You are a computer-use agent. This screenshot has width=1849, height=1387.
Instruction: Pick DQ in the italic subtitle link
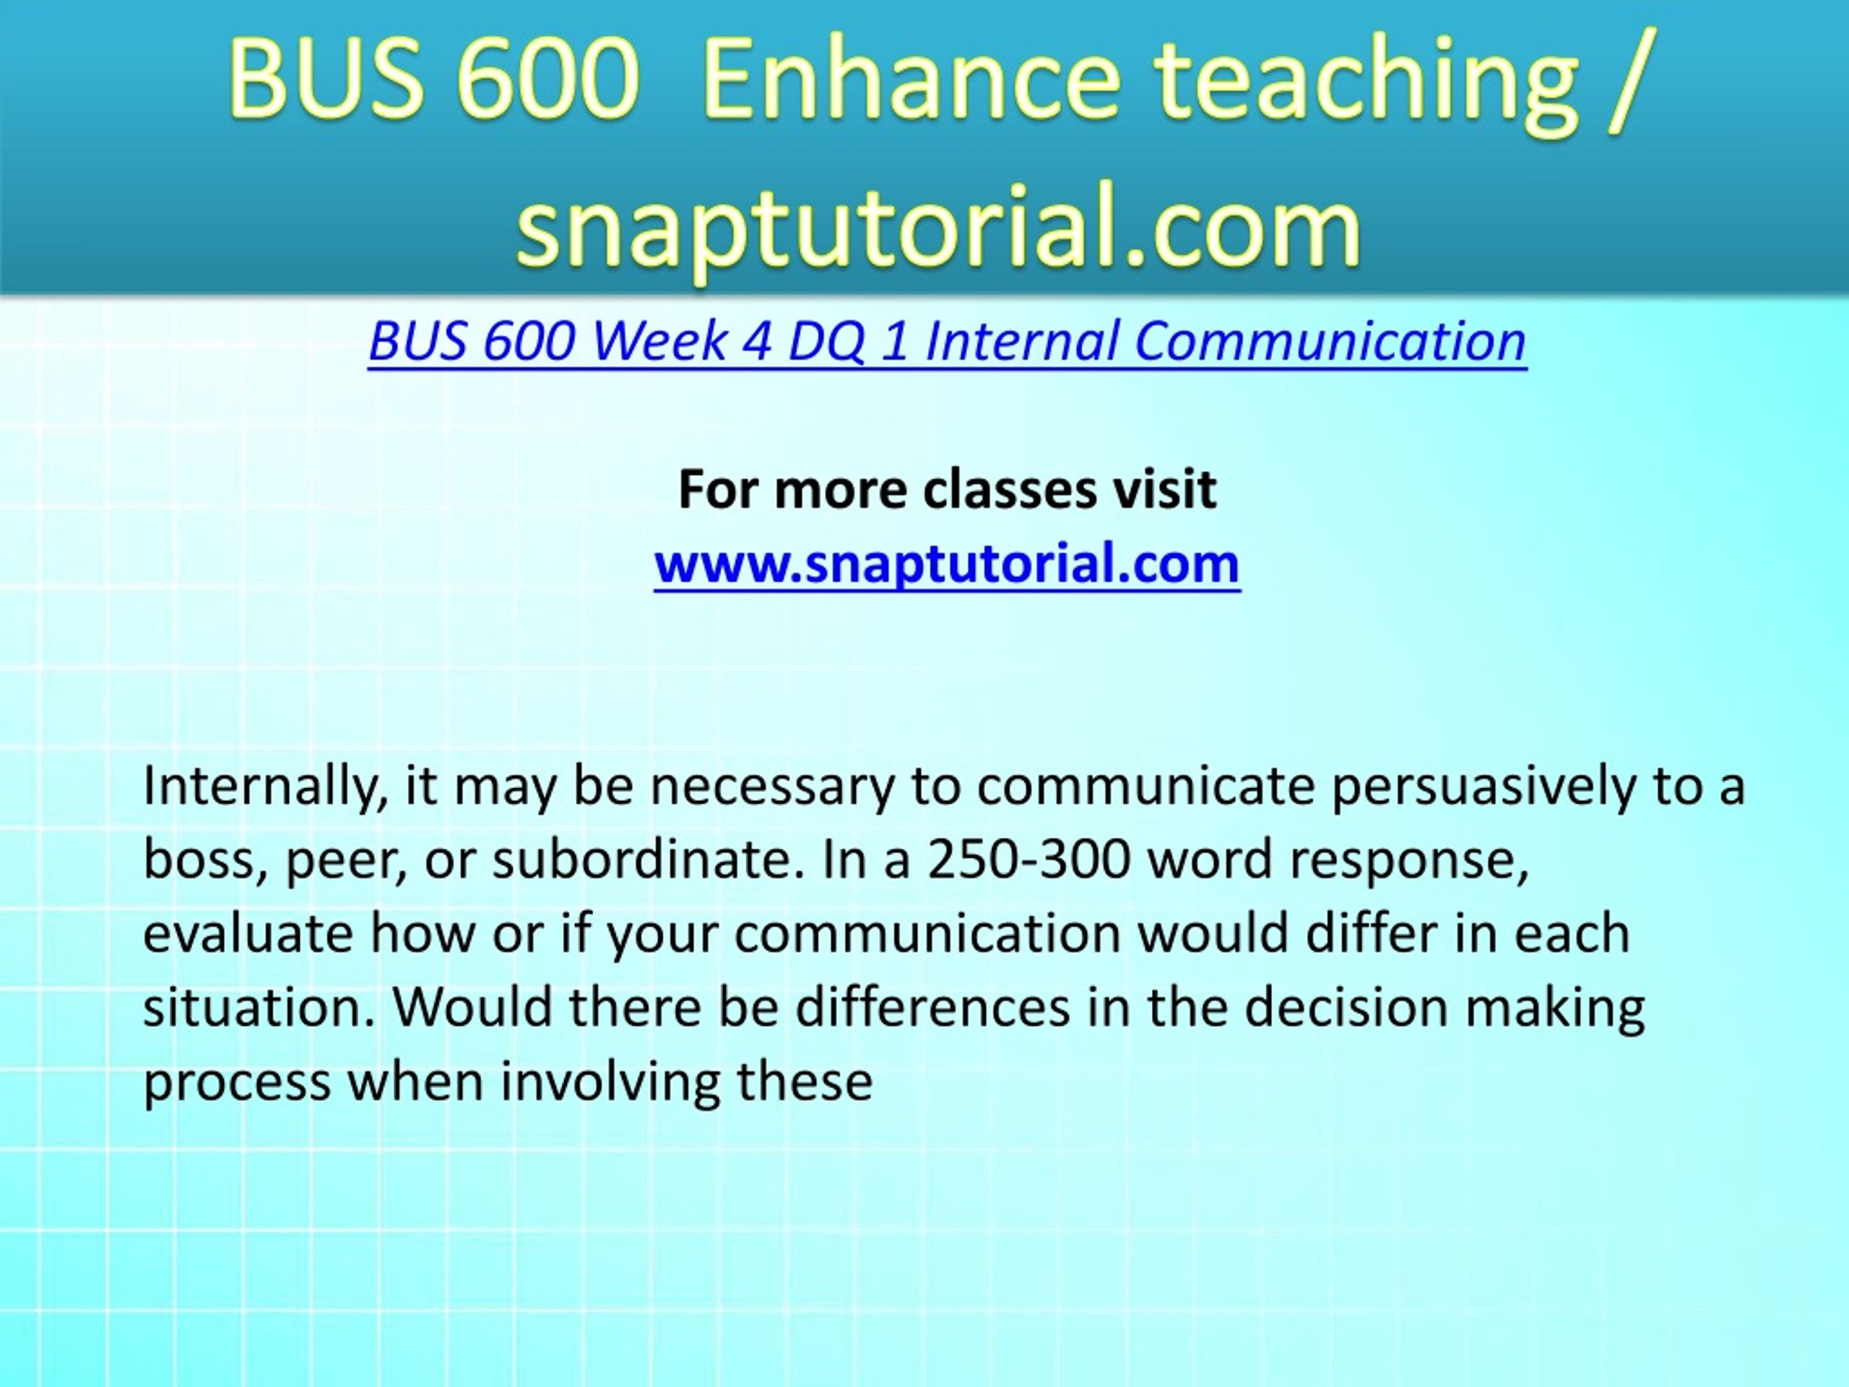tap(826, 342)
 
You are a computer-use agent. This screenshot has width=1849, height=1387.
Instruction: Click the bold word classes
tap(1010, 489)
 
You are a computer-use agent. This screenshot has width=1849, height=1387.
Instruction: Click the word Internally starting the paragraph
tap(266, 787)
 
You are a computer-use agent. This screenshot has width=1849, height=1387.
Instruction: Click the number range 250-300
tap(1029, 859)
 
